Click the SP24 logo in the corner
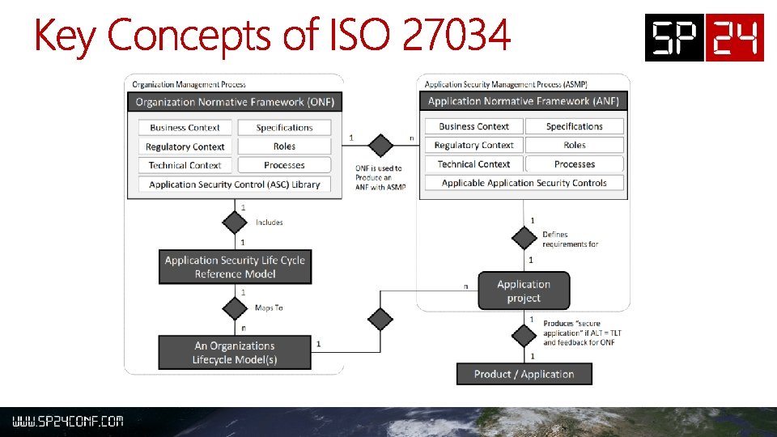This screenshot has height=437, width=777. tap(704, 37)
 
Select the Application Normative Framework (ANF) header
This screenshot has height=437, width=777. tap(523, 101)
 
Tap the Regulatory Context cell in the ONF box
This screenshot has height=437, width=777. tap(185, 146)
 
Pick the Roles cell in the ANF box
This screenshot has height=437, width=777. tap(575, 145)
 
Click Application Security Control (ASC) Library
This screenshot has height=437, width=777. tap(235, 185)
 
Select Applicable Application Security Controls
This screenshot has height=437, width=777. tap(524, 183)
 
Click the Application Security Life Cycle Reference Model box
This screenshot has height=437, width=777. tap(235, 267)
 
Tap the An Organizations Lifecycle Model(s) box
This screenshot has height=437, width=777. tap(234, 352)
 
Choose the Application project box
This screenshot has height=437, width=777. tap(524, 291)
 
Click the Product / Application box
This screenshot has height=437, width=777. tap(524, 374)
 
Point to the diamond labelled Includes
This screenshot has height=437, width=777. tap(234, 223)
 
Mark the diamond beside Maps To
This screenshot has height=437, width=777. tap(234, 308)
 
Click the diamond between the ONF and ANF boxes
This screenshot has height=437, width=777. tap(380, 146)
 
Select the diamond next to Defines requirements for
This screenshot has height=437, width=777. tap(524, 238)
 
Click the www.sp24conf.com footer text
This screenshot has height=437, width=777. tap(67, 422)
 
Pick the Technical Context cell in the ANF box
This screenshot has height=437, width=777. tap(474, 164)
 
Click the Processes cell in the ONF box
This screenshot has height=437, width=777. tap(284, 165)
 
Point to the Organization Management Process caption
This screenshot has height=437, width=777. tap(189, 84)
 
